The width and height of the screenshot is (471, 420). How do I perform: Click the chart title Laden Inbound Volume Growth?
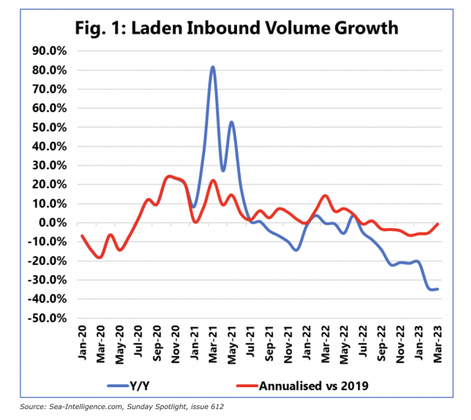pos(235,28)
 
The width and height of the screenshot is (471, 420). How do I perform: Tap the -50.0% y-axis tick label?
pos(49,318)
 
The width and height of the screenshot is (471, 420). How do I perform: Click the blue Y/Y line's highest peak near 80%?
pos(213,67)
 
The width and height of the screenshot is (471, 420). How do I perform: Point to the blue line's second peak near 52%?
pos(232,122)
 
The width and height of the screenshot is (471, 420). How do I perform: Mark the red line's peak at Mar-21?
pos(213,180)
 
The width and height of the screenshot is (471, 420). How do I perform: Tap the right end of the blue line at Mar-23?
pos(437,289)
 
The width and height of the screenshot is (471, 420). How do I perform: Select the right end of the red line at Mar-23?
pos(437,224)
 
